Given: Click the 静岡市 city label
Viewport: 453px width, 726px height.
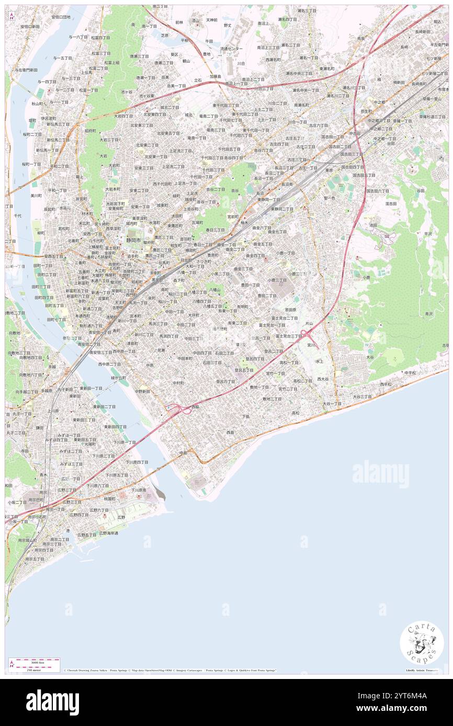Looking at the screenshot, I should point(135,241).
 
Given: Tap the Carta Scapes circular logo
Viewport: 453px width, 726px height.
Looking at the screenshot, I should point(421,642).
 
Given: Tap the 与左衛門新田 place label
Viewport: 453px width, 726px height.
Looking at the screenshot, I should point(26,69).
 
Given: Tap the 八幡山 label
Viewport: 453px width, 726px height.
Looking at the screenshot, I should point(214,289).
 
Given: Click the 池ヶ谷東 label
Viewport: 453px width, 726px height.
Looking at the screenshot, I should point(146,96).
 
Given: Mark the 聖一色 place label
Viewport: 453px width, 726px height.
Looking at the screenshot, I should point(329,198).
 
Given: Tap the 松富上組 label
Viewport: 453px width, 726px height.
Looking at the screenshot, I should point(111,63).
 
